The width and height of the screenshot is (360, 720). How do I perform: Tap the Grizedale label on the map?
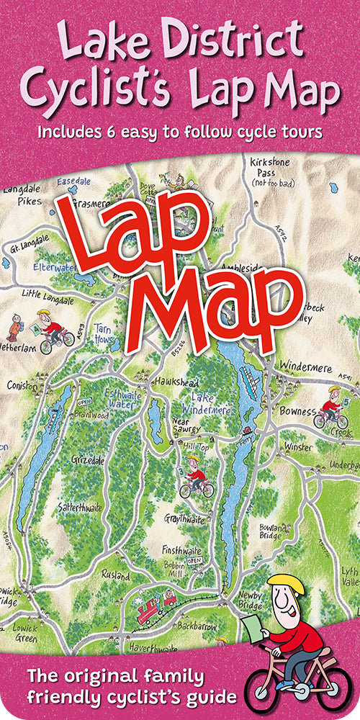click(x=87, y=458)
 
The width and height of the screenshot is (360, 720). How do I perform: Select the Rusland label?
click(x=116, y=576)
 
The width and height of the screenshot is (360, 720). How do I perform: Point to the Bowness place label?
click(x=297, y=412)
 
